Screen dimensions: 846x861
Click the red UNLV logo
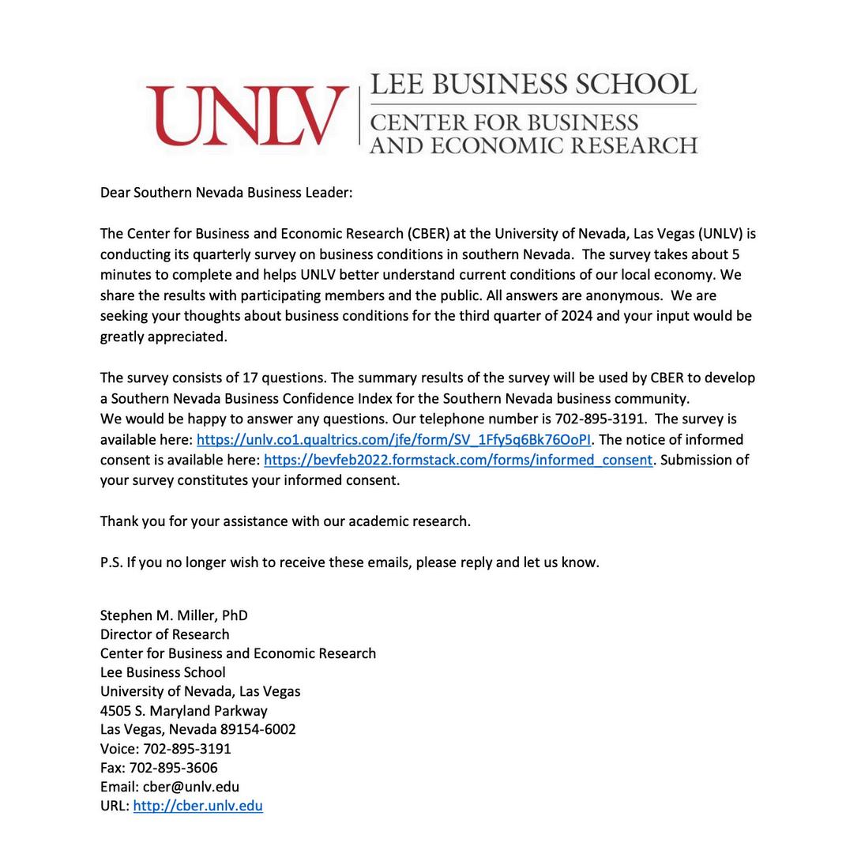(x=247, y=115)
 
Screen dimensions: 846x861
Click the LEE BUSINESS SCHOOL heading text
(x=533, y=85)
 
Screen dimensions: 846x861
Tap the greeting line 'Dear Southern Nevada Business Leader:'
(x=226, y=193)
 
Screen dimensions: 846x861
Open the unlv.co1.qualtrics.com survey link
(x=393, y=440)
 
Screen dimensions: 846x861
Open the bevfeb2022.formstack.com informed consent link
(x=458, y=461)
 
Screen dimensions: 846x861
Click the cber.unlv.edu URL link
(x=197, y=807)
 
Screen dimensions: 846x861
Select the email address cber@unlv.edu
(x=190, y=788)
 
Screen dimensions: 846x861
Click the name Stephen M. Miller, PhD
(x=174, y=616)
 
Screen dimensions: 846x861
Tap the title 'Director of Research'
(x=164, y=635)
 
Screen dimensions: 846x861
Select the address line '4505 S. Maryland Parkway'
(x=183, y=711)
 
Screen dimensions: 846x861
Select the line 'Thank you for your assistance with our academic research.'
(x=285, y=522)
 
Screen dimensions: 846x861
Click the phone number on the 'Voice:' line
(x=186, y=749)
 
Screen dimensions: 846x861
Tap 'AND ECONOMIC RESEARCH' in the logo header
(x=533, y=146)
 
